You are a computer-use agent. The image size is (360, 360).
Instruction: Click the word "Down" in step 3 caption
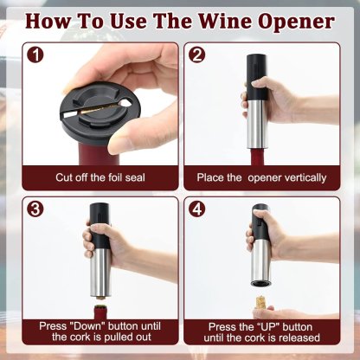[87, 326]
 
